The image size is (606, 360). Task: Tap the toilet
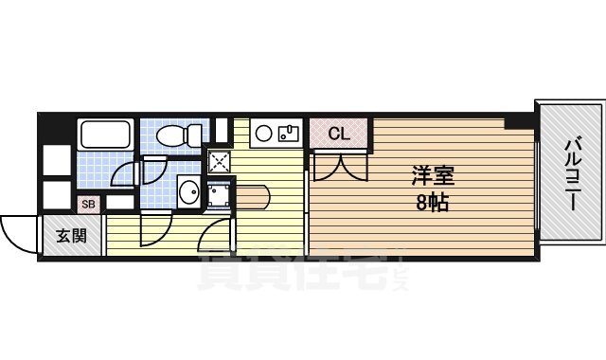(x=180, y=135)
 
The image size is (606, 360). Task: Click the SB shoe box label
(x=88, y=204)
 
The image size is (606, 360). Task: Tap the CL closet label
(x=339, y=135)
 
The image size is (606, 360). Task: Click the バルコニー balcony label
(x=571, y=178)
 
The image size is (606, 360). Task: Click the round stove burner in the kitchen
(x=263, y=132)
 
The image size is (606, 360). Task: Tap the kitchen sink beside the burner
(x=289, y=132)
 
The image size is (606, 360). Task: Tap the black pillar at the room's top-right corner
(x=518, y=120)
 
